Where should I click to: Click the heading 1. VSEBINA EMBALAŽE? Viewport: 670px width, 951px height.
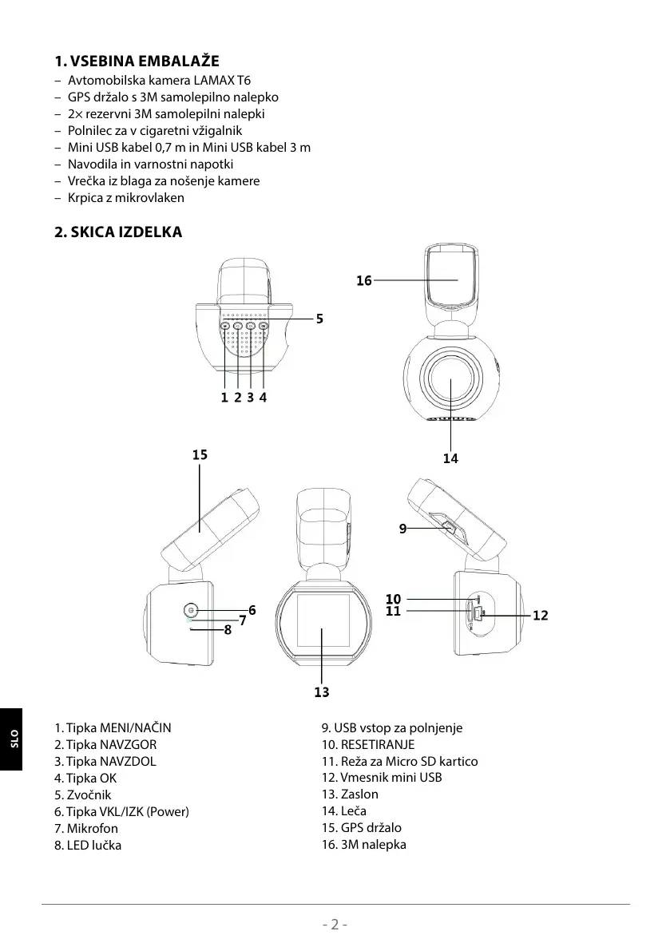point(137,61)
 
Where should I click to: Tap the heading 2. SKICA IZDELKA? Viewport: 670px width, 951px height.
point(118,232)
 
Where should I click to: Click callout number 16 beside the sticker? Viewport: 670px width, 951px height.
point(364,281)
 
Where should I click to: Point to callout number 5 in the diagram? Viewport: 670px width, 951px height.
point(319,319)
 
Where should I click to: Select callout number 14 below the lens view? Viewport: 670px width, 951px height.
point(451,458)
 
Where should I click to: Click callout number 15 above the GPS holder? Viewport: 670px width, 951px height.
point(200,455)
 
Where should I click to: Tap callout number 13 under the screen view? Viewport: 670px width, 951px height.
point(322,692)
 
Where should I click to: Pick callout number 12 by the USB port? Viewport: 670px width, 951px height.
point(541,616)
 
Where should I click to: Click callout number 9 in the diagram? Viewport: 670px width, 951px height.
point(403,528)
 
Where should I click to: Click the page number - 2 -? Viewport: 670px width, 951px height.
point(335,925)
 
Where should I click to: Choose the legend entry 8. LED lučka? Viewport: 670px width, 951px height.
point(88,845)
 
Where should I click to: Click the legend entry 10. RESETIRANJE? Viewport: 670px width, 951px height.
point(367,744)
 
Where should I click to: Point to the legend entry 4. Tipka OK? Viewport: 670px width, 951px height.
point(85,778)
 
